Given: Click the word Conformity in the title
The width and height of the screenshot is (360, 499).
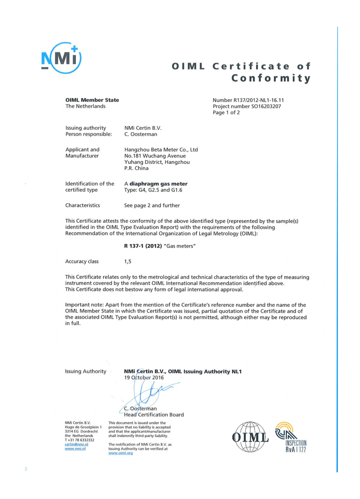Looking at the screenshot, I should pyautogui.click(x=271, y=78).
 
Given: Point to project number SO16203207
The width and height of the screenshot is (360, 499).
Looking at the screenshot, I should pyautogui.click(x=247, y=107).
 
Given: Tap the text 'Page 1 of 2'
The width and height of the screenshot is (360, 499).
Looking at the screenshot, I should pyautogui.click(x=226, y=113).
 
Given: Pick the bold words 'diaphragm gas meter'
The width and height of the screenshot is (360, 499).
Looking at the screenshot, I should pyautogui.click(x=158, y=183).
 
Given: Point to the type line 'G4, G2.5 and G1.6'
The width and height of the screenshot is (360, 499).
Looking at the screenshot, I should pyautogui.click(x=155, y=190).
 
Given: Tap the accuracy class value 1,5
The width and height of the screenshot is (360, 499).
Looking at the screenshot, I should pyautogui.click(x=128, y=261).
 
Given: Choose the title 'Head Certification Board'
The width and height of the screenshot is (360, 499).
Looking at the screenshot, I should pyautogui.click(x=154, y=414).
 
